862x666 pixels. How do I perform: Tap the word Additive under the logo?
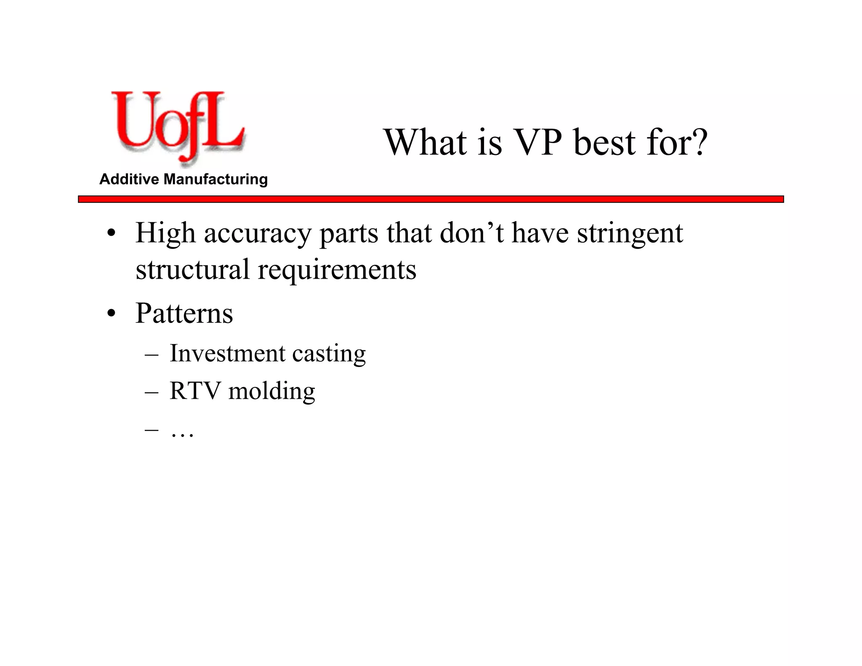(x=129, y=179)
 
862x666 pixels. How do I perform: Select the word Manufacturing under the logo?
(x=215, y=179)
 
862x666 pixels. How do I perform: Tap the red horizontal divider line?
(x=431, y=199)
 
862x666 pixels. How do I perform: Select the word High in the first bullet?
(x=165, y=234)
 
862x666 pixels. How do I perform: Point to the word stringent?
(x=630, y=234)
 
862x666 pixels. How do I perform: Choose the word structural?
(x=192, y=269)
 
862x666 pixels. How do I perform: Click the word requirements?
(x=337, y=270)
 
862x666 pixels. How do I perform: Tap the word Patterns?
(x=184, y=313)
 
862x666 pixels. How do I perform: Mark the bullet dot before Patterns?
(x=111, y=314)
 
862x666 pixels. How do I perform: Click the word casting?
(x=329, y=354)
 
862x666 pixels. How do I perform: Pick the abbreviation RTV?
(x=195, y=391)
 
